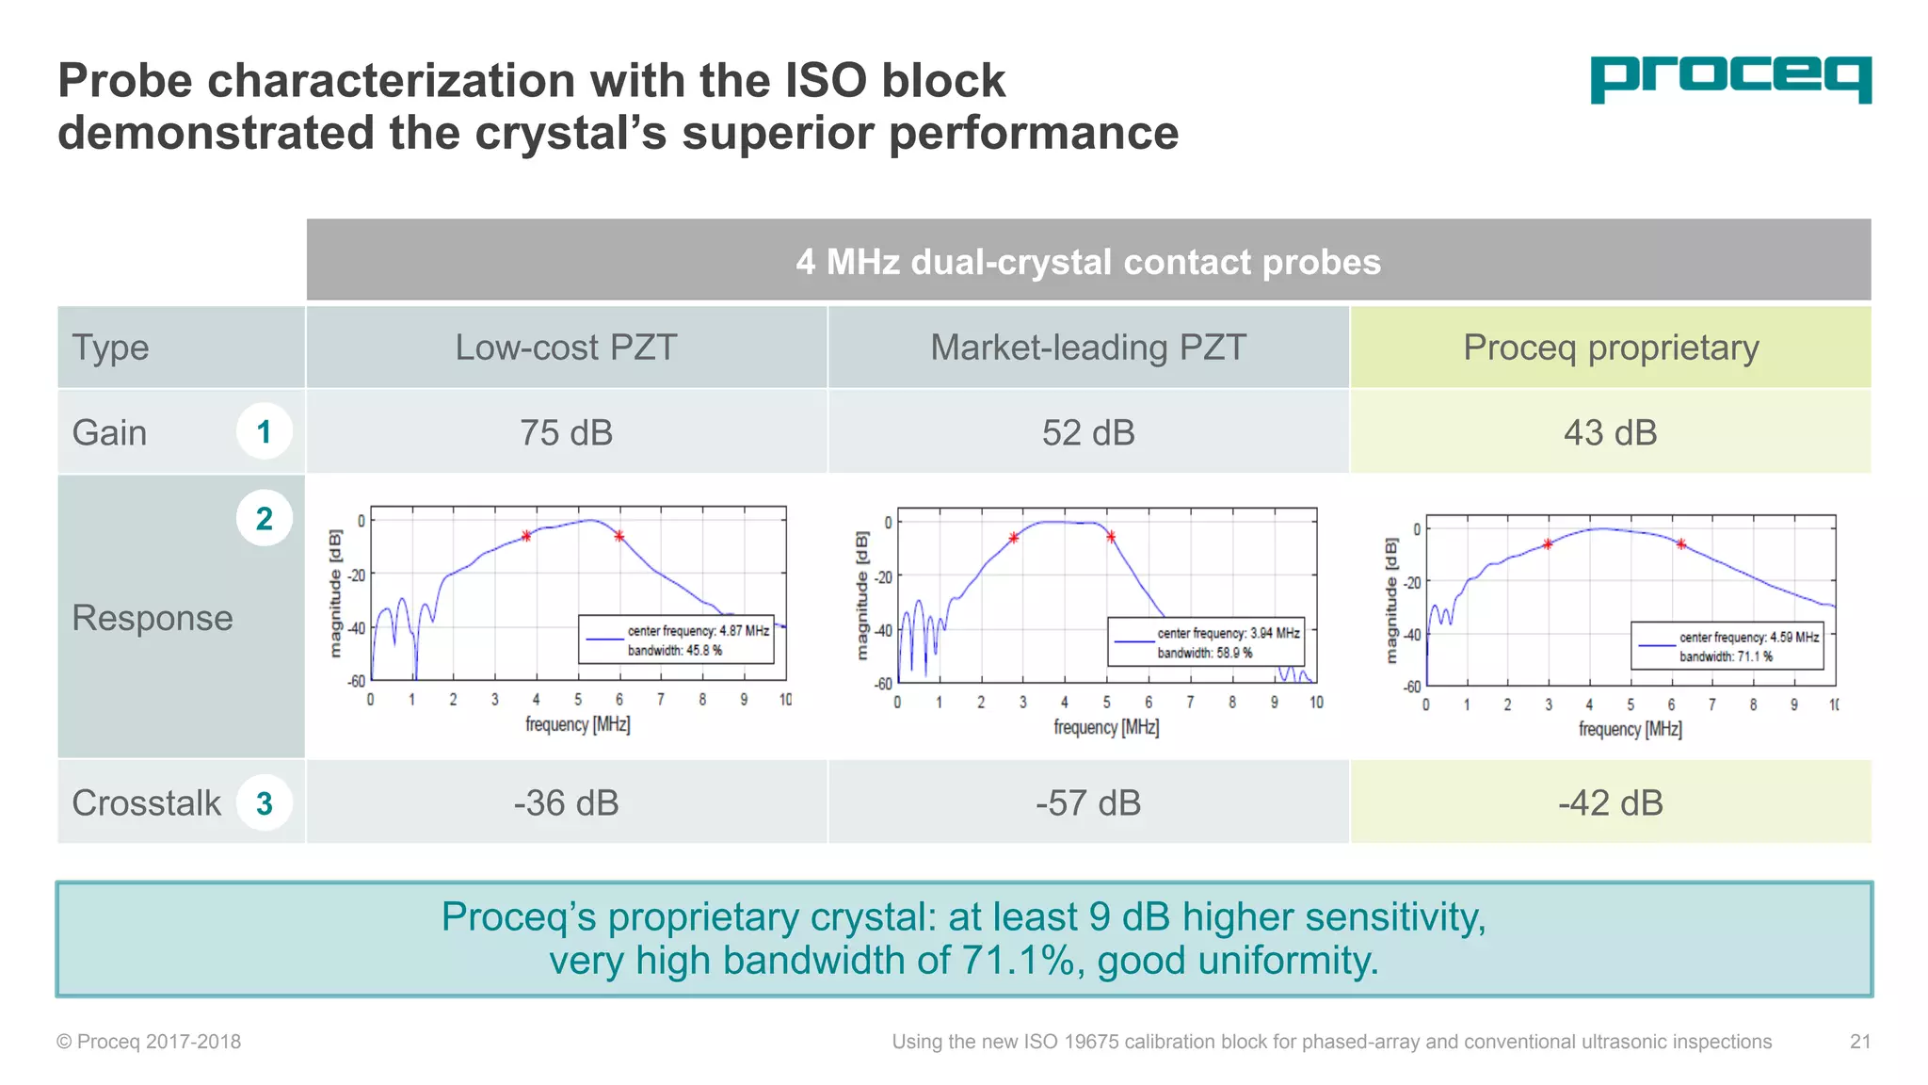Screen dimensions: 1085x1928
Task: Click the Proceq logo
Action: click(x=1730, y=79)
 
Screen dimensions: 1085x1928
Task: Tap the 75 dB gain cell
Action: click(x=566, y=433)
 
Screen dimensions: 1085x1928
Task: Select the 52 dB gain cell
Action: click(x=1088, y=433)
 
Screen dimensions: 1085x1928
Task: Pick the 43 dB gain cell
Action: click(x=1610, y=433)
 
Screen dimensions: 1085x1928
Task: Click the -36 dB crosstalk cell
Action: click(x=566, y=803)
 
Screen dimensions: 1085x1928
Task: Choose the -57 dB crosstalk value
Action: click(x=1088, y=803)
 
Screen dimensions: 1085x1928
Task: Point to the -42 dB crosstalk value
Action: click(x=1610, y=803)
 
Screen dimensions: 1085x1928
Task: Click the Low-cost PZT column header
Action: click(x=566, y=348)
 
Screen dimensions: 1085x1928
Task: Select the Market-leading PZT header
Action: click(x=1088, y=348)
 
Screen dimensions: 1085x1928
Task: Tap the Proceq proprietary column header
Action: click(x=1610, y=348)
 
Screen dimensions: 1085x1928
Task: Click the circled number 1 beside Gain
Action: click(x=264, y=432)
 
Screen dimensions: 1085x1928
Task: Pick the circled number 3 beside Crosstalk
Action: click(x=264, y=803)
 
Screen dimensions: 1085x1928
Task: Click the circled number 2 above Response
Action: click(x=264, y=518)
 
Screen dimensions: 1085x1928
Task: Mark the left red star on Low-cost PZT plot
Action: click(x=526, y=536)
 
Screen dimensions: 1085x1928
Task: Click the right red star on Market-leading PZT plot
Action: click(x=1111, y=537)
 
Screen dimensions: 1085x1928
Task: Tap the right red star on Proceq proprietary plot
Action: click(x=1681, y=543)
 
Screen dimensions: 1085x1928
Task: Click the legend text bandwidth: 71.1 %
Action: click(x=1726, y=656)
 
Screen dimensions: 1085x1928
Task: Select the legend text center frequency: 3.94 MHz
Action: click(x=1228, y=633)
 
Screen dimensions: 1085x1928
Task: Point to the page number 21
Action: click(x=1859, y=1042)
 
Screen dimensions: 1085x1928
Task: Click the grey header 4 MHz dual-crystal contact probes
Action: click(x=1088, y=262)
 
